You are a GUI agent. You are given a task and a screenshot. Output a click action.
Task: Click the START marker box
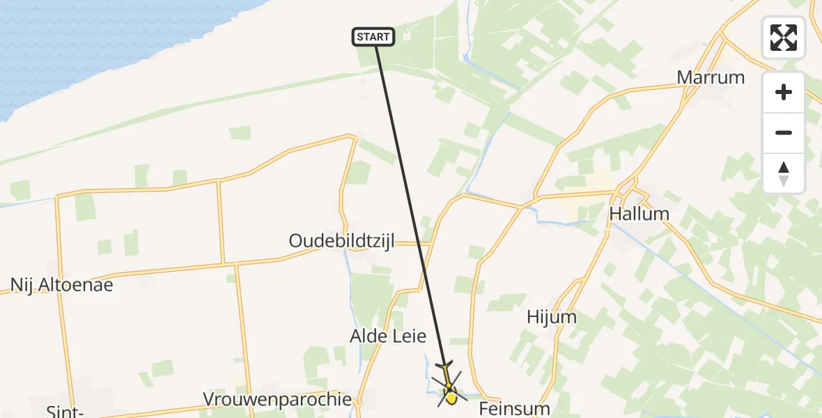pos(374,37)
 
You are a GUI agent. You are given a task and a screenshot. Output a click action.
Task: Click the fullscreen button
pos(784,38)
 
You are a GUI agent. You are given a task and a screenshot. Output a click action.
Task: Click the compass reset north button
pos(784,173)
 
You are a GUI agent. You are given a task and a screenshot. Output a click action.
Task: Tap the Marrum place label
pos(711,77)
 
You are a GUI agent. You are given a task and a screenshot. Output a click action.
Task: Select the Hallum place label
pos(639,214)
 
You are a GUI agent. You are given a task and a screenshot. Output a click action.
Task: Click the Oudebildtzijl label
pos(342,241)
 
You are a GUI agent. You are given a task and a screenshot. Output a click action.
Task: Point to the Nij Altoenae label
pos(61,284)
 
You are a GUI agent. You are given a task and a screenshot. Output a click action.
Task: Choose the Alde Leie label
pos(388,336)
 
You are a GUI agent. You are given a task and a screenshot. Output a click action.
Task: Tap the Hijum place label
pos(552,318)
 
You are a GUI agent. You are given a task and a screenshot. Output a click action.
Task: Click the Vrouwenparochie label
pos(277,399)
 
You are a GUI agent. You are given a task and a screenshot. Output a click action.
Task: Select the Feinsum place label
pos(515,408)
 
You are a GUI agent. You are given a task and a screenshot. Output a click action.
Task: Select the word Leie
pos(408,336)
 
